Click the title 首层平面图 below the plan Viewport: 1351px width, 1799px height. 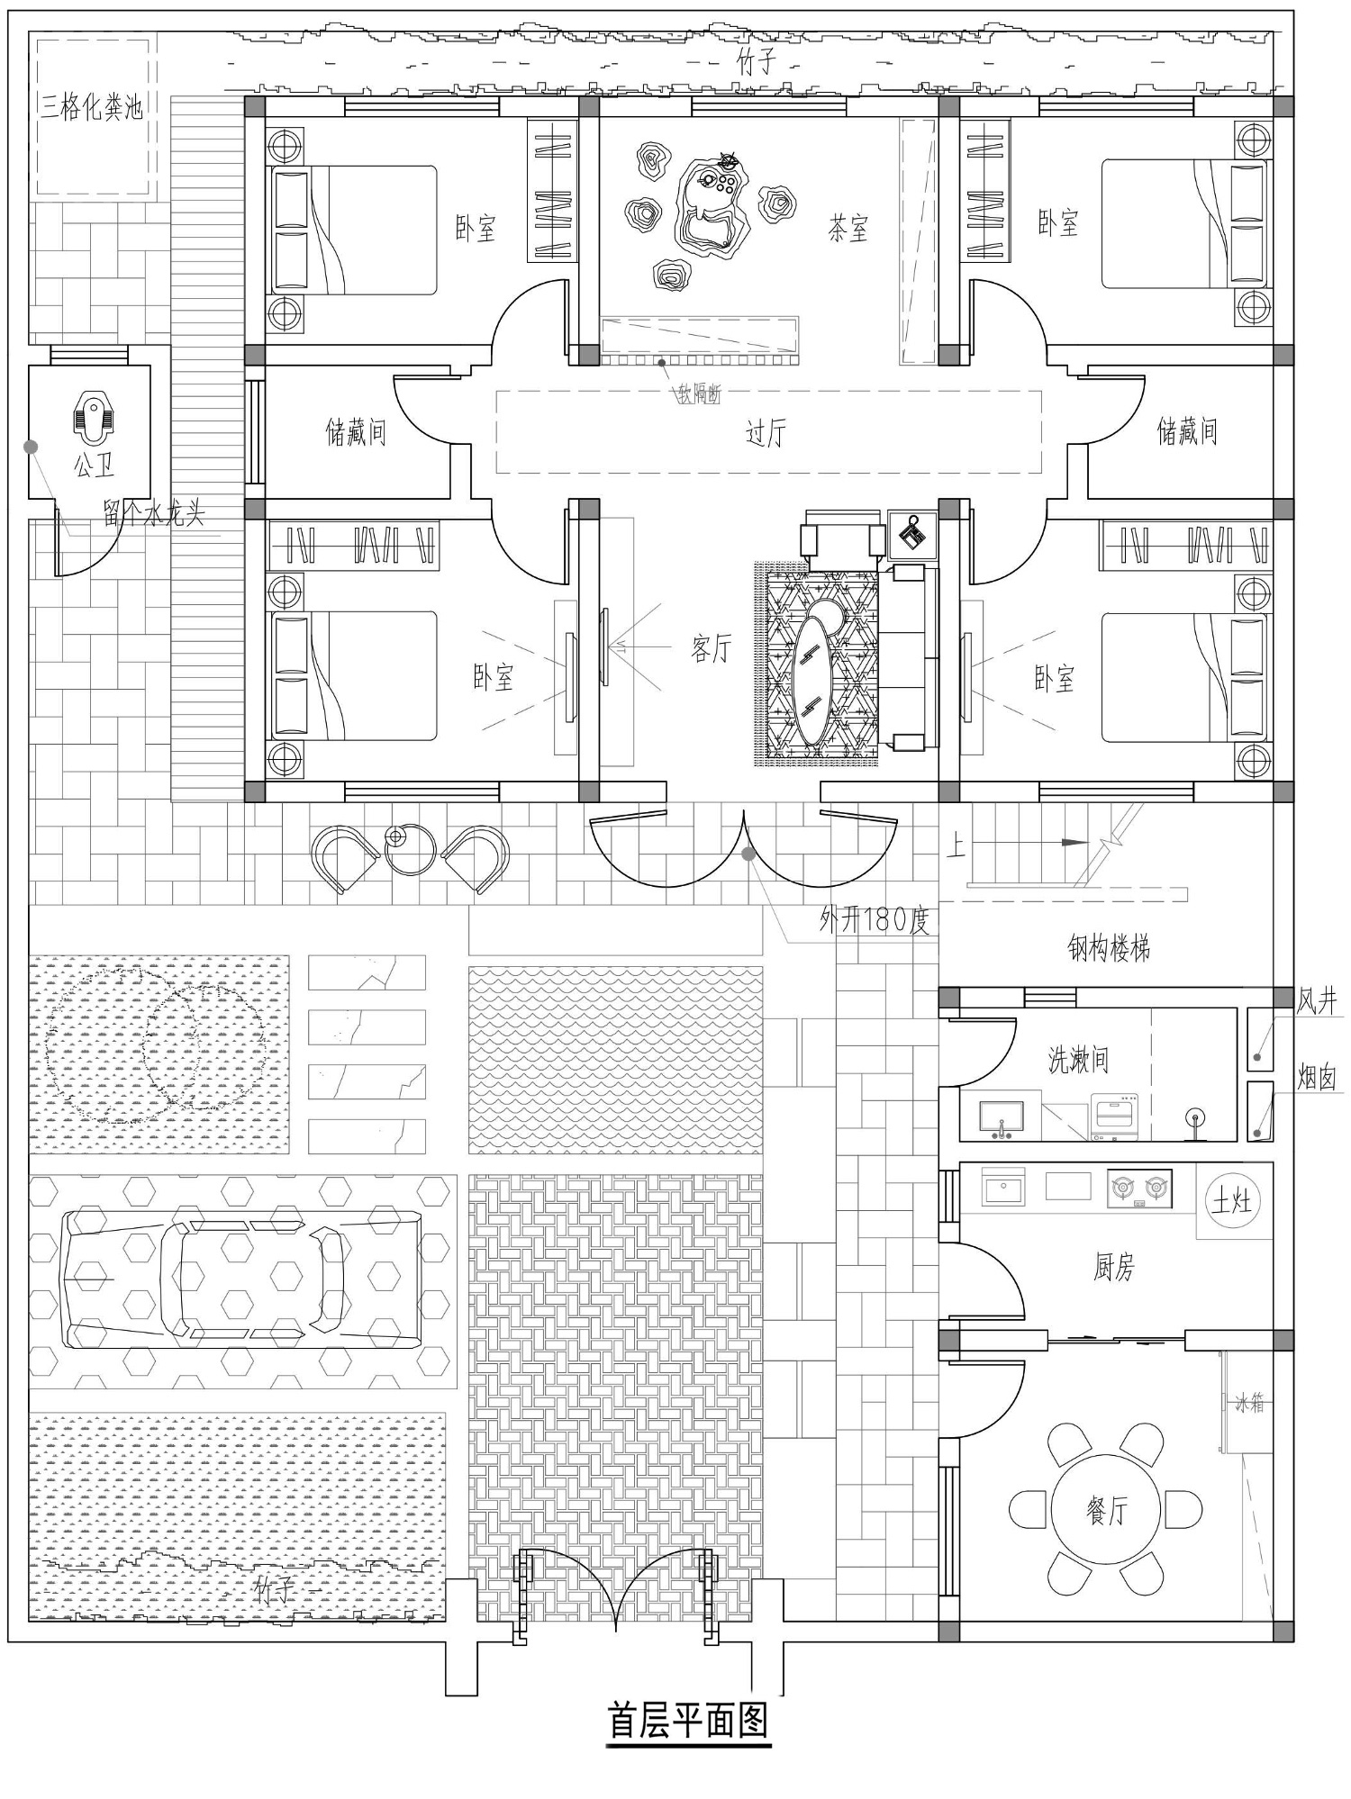coord(689,1720)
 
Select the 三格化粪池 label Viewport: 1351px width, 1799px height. coord(92,108)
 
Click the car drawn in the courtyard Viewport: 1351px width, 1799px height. coord(241,1279)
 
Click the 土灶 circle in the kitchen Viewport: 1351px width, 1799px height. coord(1231,1200)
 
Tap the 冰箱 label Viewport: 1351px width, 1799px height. coord(1250,1402)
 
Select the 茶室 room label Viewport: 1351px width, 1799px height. coord(848,229)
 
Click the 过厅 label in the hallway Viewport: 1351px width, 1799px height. coord(766,433)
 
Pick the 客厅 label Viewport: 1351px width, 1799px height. coord(712,648)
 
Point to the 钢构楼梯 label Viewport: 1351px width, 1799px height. coord(1109,947)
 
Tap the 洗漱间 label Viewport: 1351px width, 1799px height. coord(1078,1060)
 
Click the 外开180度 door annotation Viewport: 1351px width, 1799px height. coord(874,920)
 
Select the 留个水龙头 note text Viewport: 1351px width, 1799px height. coord(153,513)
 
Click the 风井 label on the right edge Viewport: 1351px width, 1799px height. coord(1316,1001)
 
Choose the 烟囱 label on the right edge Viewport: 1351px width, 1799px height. coord(1316,1077)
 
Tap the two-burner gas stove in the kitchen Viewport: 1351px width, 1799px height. coord(1140,1189)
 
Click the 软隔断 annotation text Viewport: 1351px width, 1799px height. coord(699,393)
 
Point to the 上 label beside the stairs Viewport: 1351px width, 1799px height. coord(956,845)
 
